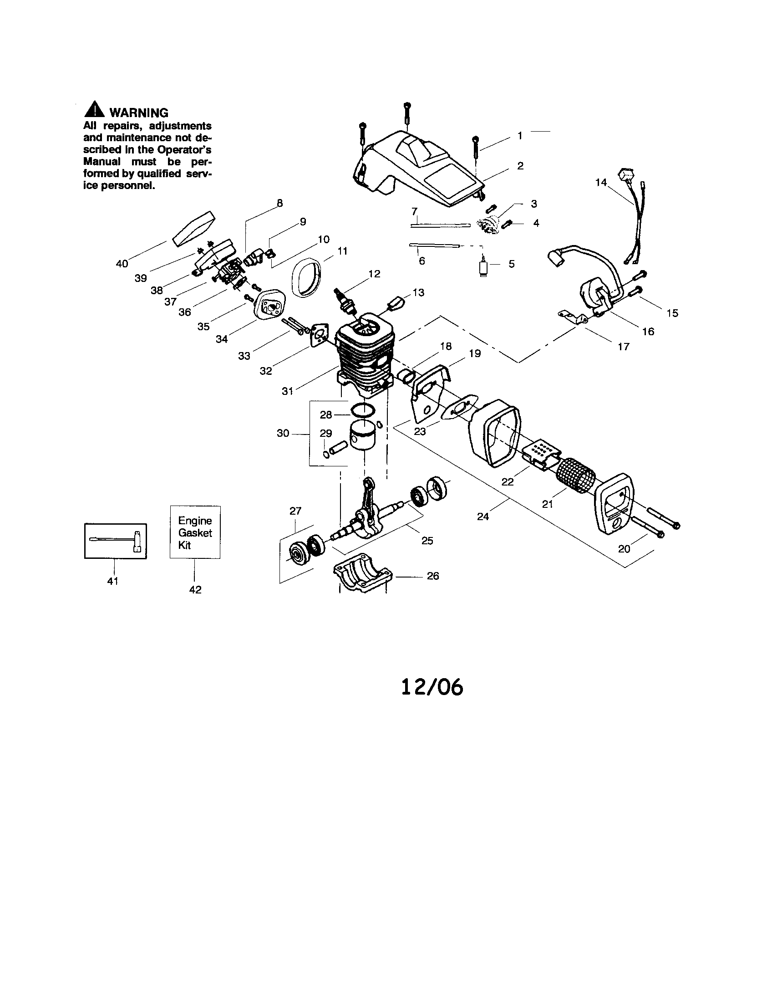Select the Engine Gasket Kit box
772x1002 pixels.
pyautogui.click(x=195, y=532)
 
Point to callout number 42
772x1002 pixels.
pyautogui.click(x=195, y=589)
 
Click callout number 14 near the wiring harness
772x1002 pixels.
pyautogui.click(x=601, y=183)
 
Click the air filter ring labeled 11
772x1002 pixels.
pyautogui.click(x=306, y=280)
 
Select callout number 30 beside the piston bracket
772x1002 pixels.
pyautogui.click(x=283, y=433)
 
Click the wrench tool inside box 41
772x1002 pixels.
pyautogui.click(x=117, y=540)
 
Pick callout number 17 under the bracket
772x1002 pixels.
pyautogui.click(x=624, y=347)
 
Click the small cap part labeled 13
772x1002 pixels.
pyautogui.click(x=397, y=303)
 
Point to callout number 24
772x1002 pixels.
pyautogui.click(x=483, y=516)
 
